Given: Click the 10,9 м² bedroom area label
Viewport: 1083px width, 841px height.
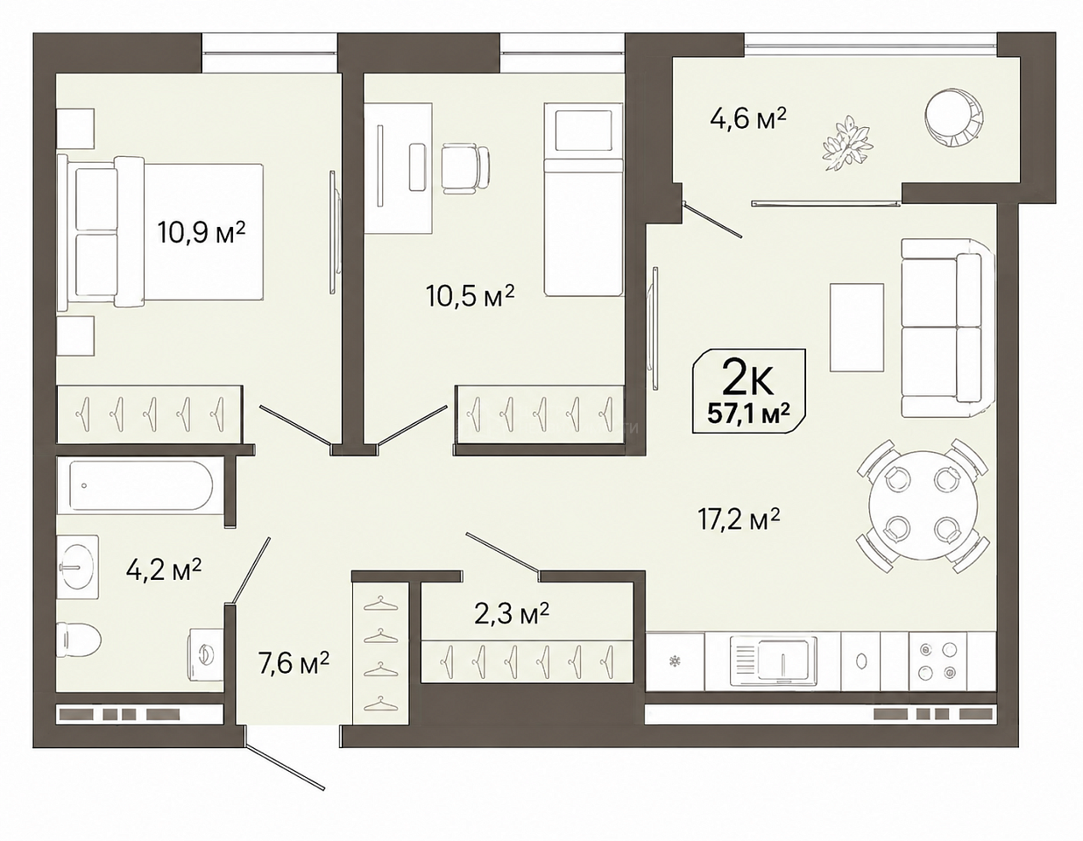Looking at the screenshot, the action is click(x=202, y=231).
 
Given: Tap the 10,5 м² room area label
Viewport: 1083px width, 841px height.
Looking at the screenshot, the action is click(x=470, y=295).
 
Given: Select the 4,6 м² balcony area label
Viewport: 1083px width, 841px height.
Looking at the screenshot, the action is click(x=747, y=119).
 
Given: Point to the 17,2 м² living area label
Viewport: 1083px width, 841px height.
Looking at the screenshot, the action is click(x=738, y=519).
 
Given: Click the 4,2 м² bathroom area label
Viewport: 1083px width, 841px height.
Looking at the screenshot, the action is click(x=164, y=569).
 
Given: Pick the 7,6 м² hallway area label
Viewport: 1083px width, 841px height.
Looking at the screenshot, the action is click(x=293, y=662).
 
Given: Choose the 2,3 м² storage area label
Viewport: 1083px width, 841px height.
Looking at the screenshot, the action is click(x=512, y=614).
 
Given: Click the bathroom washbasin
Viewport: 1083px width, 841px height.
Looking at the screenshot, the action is click(x=78, y=566).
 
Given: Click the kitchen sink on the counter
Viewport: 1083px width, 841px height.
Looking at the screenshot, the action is click(x=773, y=661).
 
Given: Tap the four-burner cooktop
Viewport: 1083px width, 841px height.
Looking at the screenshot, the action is click(x=938, y=661).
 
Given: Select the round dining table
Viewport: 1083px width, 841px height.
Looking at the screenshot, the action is click(x=923, y=505).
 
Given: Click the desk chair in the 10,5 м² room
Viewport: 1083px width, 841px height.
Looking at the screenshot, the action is click(x=466, y=169).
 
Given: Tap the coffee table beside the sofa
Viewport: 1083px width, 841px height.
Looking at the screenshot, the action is click(x=856, y=327).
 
